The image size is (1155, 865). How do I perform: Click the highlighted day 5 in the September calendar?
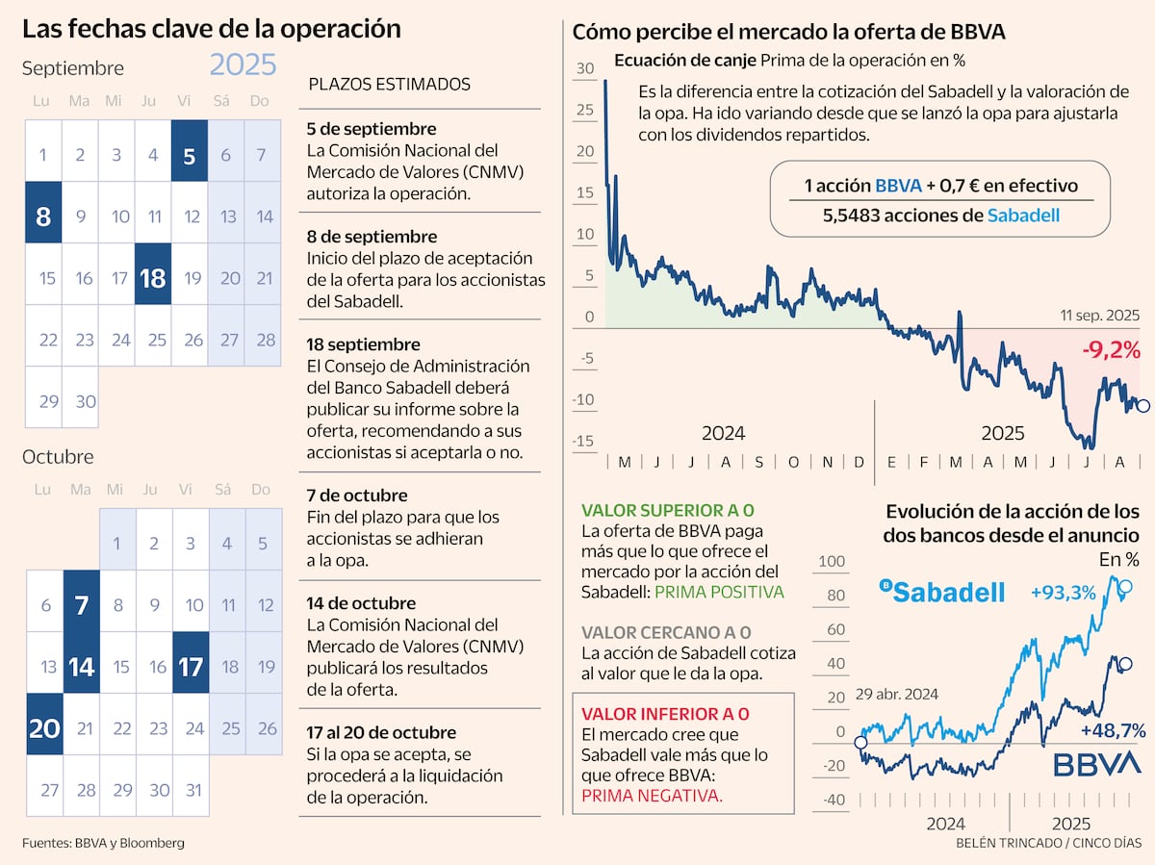click(190, 151)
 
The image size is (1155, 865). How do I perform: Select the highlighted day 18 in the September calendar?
click(153, 275)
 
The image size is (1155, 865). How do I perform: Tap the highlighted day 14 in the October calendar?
click(81, 665)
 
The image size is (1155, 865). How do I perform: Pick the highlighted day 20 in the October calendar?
click(44, 726)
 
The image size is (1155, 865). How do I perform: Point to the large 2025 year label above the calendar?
click(244, 65)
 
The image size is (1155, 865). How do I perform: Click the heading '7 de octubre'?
click(356, 496)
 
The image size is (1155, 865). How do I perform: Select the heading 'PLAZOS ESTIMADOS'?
click(389, 84)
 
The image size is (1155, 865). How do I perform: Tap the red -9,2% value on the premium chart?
click(1111, 351)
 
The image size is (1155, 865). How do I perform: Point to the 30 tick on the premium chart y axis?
click(585, 69)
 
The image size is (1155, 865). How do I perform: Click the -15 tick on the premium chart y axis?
click(581, 442)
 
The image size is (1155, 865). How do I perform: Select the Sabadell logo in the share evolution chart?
click(943, 591)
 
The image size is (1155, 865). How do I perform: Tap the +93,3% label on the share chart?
click(1063, 593)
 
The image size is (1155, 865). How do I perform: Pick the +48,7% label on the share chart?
click(1113, 731)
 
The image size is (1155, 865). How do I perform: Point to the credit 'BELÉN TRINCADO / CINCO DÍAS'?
click(1048, 843)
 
